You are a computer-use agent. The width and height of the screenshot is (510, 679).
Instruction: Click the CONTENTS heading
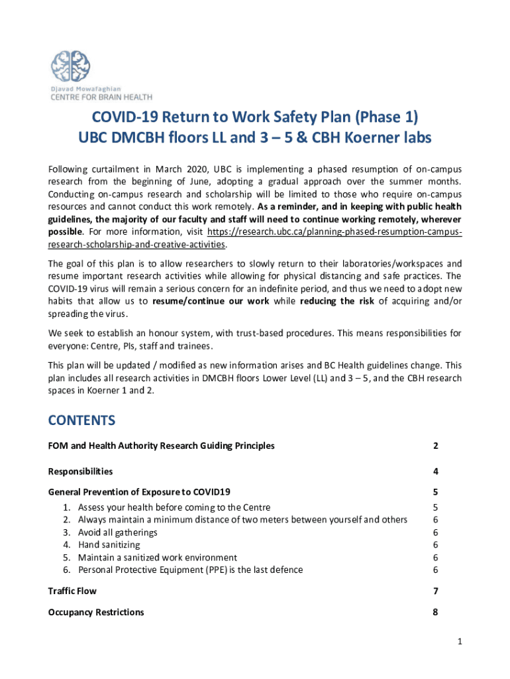pos(81,420)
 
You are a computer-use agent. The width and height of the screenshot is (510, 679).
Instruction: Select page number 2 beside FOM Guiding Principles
pos(435,446)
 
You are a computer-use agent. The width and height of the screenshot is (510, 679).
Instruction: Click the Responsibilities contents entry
pos(80,471)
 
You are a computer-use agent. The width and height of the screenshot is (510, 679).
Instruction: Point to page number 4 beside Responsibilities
pos(435,471)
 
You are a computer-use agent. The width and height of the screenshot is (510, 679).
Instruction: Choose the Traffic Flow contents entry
pos(72,591)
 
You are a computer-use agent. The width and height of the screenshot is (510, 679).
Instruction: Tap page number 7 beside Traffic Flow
pos(435,591)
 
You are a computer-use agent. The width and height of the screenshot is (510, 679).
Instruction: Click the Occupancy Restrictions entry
pos(96,612)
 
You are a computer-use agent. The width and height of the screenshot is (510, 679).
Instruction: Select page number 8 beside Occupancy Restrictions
pos(435,612)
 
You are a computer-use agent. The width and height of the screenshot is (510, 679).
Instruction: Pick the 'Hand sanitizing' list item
pos(109,545)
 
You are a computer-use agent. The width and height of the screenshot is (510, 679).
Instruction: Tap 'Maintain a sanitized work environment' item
pos(157,558)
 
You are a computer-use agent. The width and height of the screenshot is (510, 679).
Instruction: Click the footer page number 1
pos(458,641)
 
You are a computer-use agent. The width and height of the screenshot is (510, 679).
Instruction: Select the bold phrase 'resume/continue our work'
pos(211,301)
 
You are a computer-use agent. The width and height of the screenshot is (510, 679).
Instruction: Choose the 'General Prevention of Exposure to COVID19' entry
pos(139,492)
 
